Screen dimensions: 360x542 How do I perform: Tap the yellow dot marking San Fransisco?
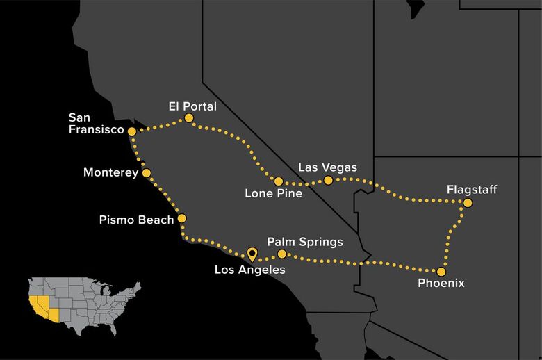tap(132, 131)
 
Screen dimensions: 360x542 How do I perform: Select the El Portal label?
tap(192, 106)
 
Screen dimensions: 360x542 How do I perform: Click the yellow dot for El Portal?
tap(188, 120)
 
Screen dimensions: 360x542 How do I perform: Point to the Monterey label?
tap(110, 172)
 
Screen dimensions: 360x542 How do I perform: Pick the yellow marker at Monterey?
tap(147, 172)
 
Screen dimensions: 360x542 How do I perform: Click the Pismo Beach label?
tap(138, 220)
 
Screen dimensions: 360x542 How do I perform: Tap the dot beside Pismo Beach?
tap(182, 218)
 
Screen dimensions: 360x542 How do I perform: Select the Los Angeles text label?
tap(249, 270)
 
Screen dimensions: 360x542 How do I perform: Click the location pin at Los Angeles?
tap(252, 254)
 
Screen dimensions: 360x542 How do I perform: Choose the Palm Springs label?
tap(305, 242)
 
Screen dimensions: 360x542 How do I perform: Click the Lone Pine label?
tap(274, 193)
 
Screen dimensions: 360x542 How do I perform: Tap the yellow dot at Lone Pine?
tap(278, 181)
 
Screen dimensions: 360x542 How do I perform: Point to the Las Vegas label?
tap(327, 167)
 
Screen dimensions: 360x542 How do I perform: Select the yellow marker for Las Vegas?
tap(329, 181)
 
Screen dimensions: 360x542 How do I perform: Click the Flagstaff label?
tap(473, 189)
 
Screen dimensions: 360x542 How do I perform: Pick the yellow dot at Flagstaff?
tap(468, 203)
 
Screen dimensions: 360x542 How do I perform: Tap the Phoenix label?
tap(441, 284)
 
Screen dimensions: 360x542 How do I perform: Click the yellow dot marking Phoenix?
tap(441, 272)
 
